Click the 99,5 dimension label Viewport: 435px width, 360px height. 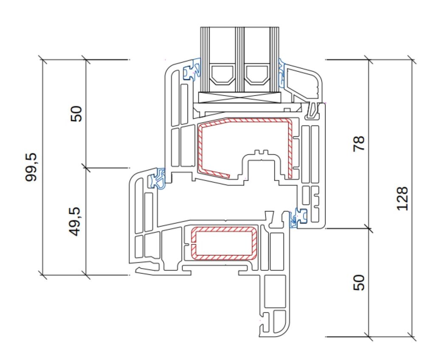[31, 167]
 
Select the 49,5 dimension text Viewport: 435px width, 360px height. [75, 222]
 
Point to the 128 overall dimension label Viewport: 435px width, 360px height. [403, 199]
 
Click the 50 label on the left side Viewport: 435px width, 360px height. [77, 114]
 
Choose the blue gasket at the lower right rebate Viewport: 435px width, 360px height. [298, 217]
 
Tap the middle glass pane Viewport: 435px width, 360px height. [239, 59]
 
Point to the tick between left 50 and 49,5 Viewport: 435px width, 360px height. [86, 168]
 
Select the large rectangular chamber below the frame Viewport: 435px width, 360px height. [275, 291]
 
